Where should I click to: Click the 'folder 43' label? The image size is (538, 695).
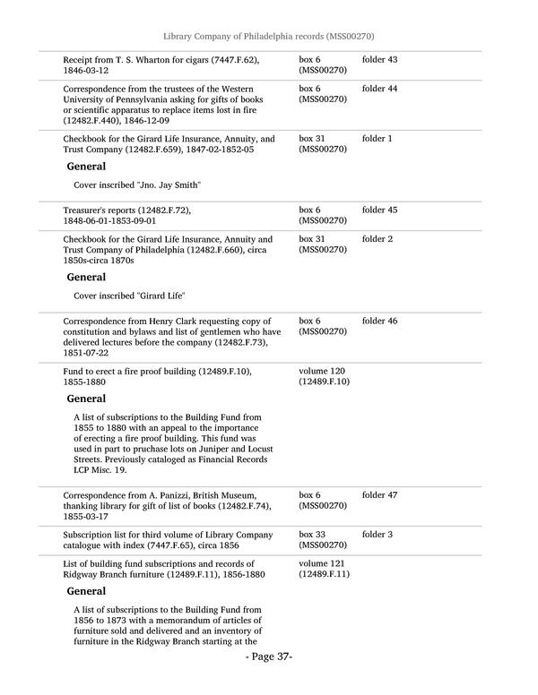[379, 60]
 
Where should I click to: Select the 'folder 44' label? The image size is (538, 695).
[379, 90]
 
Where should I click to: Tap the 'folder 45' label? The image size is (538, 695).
[379, 210]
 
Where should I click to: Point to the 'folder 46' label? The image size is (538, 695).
[379, 321]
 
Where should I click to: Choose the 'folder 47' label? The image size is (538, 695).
[379, 495]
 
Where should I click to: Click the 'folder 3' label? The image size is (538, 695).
[377, 535]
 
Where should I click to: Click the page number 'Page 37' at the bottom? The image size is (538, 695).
[269, 656]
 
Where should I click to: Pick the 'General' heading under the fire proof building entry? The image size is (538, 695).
[86, 399]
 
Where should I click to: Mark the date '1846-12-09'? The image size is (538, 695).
[165, 119]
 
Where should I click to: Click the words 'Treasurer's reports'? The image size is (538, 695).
[100, 210]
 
